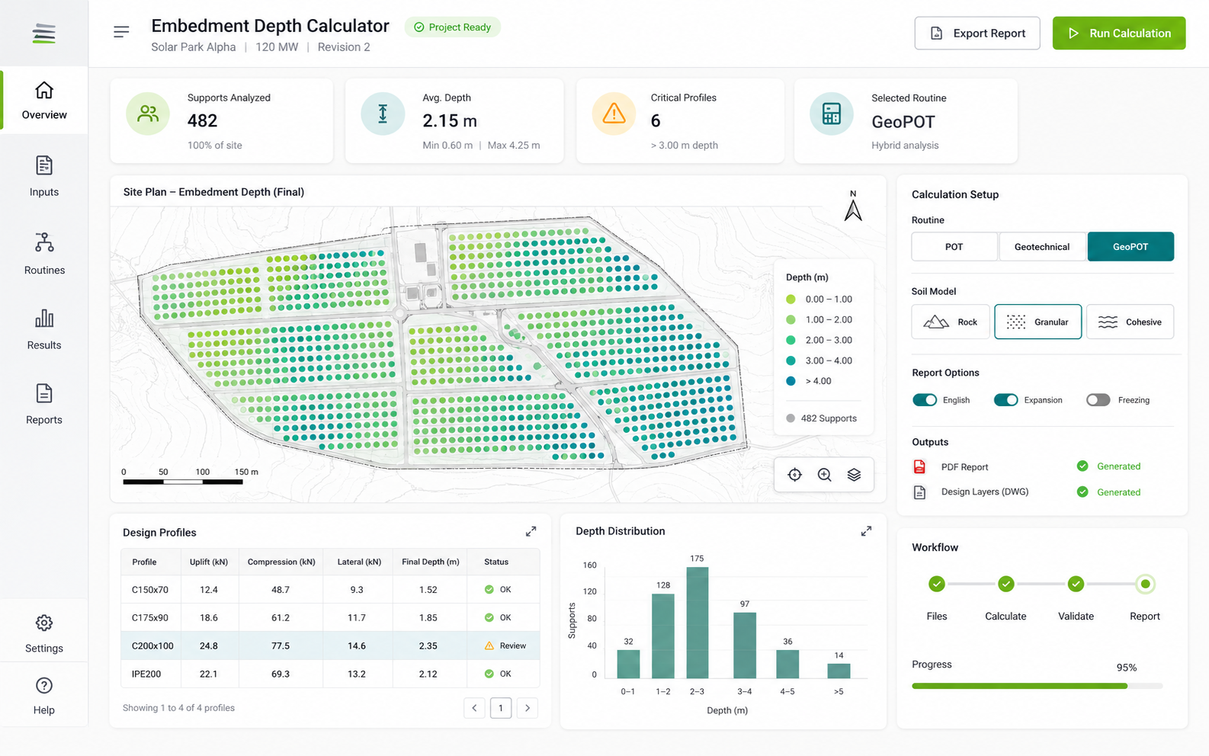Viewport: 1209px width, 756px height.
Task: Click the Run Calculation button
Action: (x=1119, y=33)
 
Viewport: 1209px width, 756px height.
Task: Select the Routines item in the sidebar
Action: (x=44, y=254)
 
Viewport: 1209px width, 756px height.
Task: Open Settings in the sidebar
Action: (x=44, y=633)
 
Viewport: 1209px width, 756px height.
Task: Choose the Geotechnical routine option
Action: (x=1042, y=247)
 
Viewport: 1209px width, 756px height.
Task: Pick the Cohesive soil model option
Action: (x=1130, y=322)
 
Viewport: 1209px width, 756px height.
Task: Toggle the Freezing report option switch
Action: (x=1098, y=400)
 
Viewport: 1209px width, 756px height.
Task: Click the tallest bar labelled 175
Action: (x=697, y=622)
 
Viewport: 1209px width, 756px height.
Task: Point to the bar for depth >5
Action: (x=839, y=671)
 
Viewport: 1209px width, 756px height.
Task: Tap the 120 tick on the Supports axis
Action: (x=590, y=591)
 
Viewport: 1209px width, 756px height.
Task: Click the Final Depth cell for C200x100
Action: (x=428, y=645)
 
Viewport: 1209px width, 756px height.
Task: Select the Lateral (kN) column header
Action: (x=359, y=562)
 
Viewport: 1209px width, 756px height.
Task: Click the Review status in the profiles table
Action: (x=505, y=645)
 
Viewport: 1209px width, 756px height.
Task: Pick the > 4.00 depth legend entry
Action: (x=809, y=381)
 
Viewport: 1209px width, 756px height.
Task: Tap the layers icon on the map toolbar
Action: (x=854, y=475)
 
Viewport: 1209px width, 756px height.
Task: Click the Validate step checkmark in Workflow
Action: (x=1076, y=584)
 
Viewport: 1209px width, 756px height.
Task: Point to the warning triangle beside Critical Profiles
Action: (x=614, y=114)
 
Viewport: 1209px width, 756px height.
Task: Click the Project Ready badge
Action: (x=452, y=27)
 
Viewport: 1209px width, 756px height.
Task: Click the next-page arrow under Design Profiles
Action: (x=528, y=708)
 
